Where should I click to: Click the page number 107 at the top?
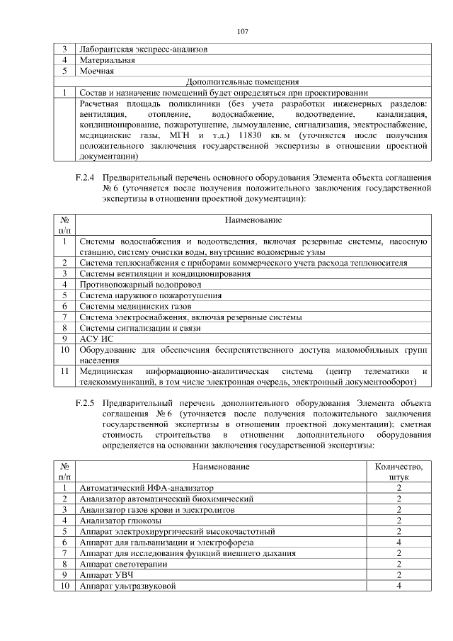[242, 31]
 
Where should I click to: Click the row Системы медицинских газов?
[125, 306]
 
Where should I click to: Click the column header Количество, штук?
[399, 472]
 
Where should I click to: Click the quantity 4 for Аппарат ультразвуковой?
[399, 586]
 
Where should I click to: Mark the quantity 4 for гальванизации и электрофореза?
[399, 543]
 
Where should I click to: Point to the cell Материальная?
[105, 60]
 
